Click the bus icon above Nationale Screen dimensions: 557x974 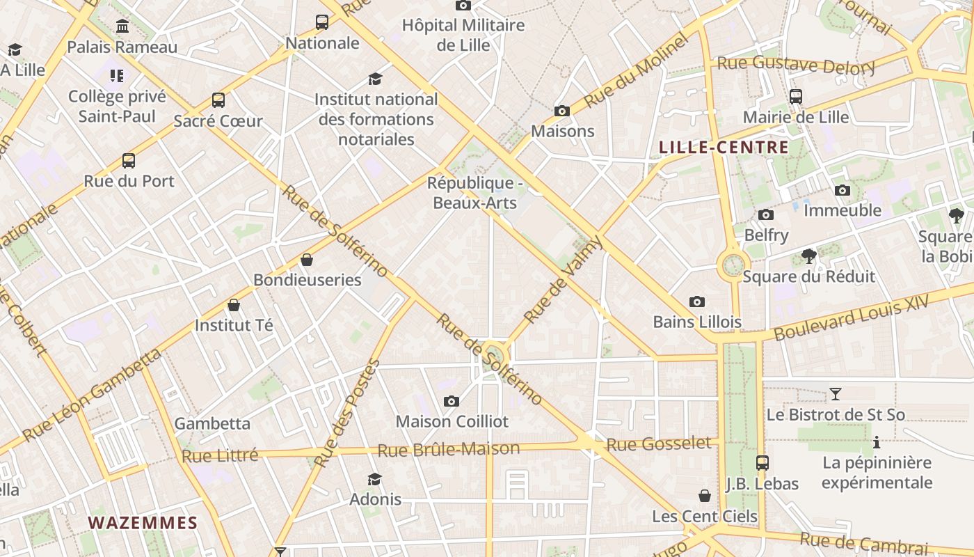322,22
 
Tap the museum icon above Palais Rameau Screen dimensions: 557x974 123,26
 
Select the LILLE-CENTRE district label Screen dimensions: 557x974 724,148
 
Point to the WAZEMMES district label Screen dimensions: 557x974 143,523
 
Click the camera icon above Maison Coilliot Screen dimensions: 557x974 452,401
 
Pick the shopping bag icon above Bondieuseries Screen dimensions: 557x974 307,260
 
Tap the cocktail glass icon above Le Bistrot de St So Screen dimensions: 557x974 835,395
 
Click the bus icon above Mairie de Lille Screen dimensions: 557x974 796,97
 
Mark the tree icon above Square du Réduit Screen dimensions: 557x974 808,256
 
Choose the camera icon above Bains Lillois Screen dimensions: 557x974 696,301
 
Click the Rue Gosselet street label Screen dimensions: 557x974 659,444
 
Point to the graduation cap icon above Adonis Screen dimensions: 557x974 375,479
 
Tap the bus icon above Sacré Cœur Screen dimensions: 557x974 218,100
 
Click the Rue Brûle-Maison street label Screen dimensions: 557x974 448,449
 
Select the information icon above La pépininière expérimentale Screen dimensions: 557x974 877,442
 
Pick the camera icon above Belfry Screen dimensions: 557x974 766,215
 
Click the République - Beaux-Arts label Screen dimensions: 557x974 474,193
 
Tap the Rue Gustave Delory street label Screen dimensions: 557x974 796,65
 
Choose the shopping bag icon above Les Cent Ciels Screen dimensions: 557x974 705,496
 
